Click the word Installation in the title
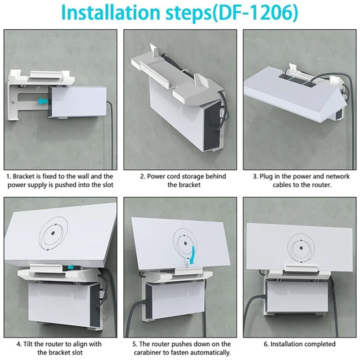tap(110, 12)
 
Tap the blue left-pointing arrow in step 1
tap(43, 101)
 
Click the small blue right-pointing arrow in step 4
tap(71, 267)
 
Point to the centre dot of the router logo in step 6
tap(301, 248)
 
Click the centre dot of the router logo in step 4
tap(53, 233)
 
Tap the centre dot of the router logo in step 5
tap(185, 243)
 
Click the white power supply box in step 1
tap(78, 102)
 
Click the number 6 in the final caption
tap(266, 344)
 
